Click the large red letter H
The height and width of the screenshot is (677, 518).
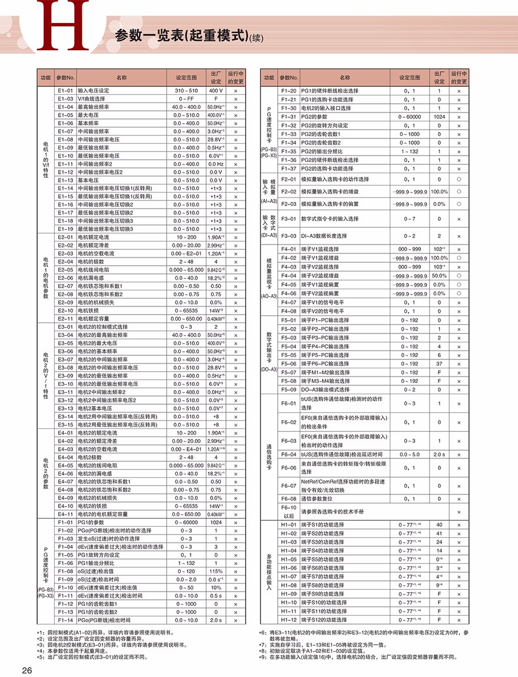(62, 25)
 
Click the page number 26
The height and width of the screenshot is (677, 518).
(28, 670)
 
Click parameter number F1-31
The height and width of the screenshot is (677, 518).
(288, 117)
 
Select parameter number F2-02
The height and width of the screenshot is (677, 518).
(288, 191)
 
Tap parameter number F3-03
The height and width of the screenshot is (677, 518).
(288, 235)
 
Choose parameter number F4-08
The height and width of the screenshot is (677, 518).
(288, 311)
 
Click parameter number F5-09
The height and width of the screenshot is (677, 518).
(288, 389)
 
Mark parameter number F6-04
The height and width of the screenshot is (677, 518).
(288, 454)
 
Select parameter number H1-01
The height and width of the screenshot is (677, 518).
(288, 524)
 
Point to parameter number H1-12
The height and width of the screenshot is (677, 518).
(288, 620)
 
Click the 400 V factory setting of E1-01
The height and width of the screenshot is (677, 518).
(216, 91)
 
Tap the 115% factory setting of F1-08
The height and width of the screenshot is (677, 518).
(216, 571)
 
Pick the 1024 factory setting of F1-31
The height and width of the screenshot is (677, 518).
(439, 117)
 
